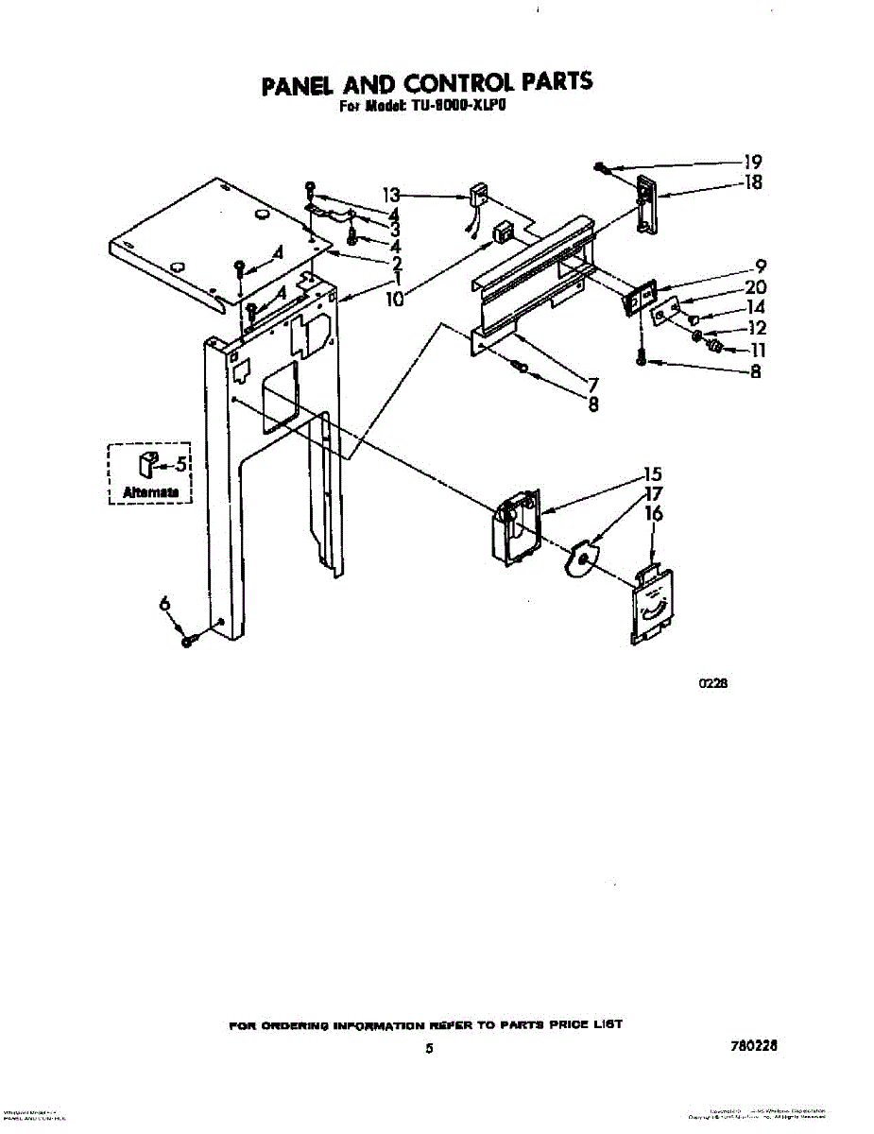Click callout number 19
(753, 162)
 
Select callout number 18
(753, 182)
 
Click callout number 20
(756, 287)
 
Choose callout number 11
(757, 350)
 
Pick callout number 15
(652, 474)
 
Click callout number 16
(653, 514)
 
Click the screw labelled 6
(188, 641)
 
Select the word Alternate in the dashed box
(150, 492)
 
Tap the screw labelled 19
(602, 168)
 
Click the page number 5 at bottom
(429, 1048)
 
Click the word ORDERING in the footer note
(288, 1024)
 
